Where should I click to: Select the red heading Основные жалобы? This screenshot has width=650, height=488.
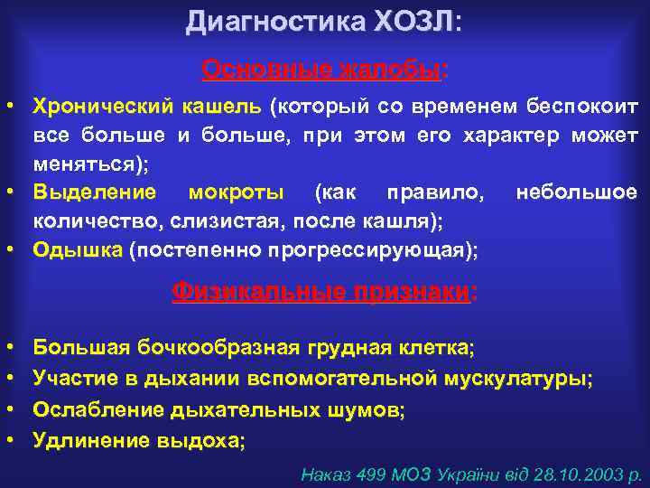tap(323, 70)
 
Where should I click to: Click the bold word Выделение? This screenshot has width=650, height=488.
tap(94, 192)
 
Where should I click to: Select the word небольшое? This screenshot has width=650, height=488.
tap(576, 192)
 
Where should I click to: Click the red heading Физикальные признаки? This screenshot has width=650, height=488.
tap(323, 292)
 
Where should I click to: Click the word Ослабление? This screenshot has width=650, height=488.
tap(97, 409)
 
